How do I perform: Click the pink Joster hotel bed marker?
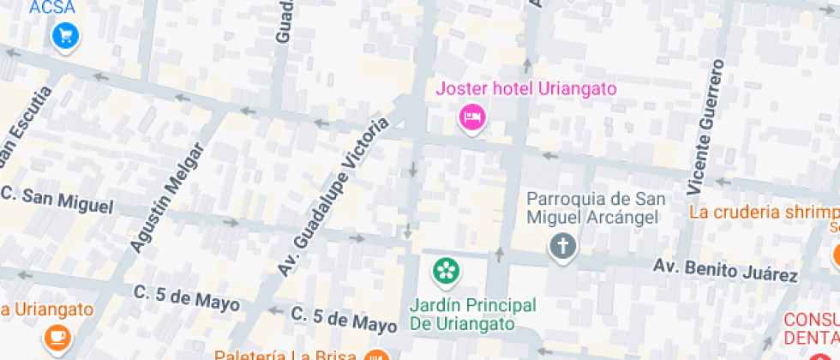(x=471, y=116)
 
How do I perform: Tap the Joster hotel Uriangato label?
(x=526, y=88)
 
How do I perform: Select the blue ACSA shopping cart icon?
(x=65, y=35)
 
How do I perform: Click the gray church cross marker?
(x=562, y=247)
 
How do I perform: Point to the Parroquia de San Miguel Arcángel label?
(x=592, y=207)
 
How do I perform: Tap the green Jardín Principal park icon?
(x=446, y=272)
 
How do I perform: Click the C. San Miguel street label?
(x=57, y=201)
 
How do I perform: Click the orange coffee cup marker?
(x=58, y=335)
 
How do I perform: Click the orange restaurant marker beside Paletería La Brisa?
(x=375, y=355)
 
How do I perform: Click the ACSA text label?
(x=52, y=8)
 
